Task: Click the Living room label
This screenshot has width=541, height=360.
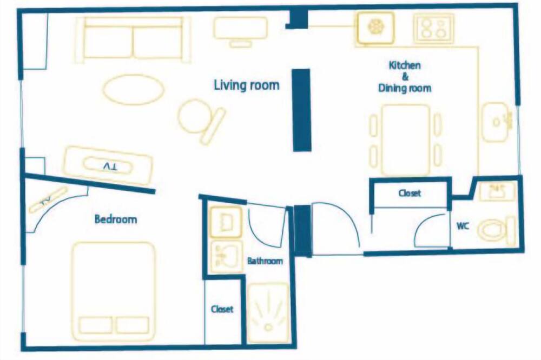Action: [x=246, y=85]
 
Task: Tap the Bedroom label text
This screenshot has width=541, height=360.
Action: [x=116, y=219]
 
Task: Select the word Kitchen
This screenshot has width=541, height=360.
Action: [x=405, y=65]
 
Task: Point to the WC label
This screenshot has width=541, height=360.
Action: [x=463, y=226]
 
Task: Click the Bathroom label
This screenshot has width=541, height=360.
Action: [x=265, y=261]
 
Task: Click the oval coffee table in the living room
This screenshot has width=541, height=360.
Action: [x=133, y=89]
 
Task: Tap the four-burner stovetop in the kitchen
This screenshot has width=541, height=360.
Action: [x=433, y=28]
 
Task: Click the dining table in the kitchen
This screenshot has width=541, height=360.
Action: [x=405, y=140]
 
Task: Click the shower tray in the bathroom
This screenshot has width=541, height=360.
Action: [x=268, y=314]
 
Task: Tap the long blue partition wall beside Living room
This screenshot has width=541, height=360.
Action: [x=302, y=110]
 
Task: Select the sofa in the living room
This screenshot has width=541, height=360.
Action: [x=133, y=39]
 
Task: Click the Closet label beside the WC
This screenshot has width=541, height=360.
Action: [x=410, y=193]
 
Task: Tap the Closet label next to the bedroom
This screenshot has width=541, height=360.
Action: [x=222, y=309]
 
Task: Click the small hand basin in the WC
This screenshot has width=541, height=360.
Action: [x=497, y=192]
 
